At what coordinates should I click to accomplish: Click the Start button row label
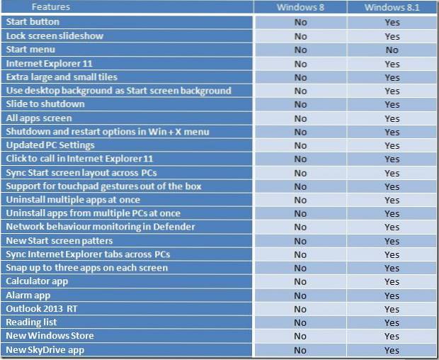(x=34, y=23)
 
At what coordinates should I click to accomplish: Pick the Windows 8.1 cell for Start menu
(x=392, y=50)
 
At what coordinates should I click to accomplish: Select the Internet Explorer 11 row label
(x=45, y=64)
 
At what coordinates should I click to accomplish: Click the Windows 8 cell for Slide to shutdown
(x=300, y=104)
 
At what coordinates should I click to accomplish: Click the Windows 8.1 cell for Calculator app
(x=392, y=282)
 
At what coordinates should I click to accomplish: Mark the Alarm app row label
(x=28, y=296)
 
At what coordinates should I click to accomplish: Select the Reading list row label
(x=33, y=322)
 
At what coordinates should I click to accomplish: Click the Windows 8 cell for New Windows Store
(x=300, y=336)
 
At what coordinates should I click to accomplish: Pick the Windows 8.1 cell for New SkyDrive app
(x=392, y=350)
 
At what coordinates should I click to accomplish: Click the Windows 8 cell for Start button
(x=300, y=23)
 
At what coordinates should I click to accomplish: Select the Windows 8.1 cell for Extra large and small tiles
(x=392, y=77)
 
